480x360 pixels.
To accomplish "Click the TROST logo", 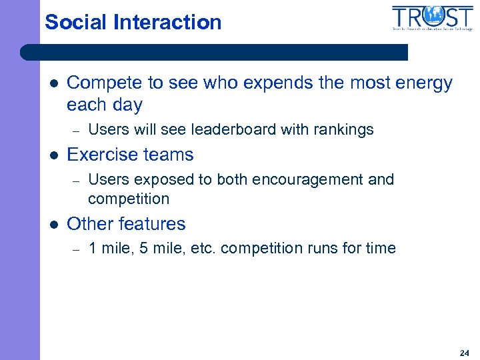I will click(433, 19).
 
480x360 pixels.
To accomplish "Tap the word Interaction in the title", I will click(167, 22).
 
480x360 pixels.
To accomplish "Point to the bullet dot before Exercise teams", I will click(53, 155).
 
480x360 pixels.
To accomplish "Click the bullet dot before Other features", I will click(53, 225).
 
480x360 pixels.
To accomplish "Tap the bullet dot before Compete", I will click(53, 84).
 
